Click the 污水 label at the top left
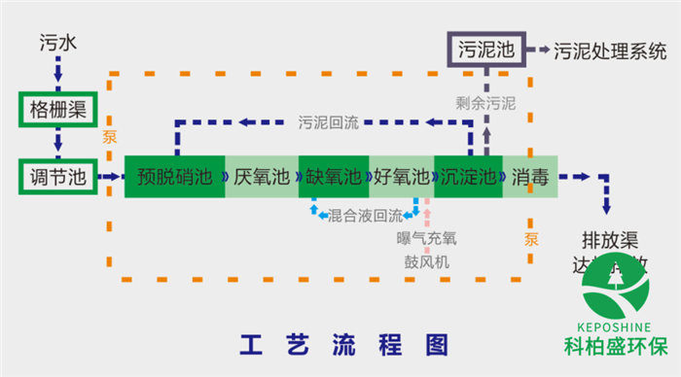point(57,44)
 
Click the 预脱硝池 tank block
point(174,177)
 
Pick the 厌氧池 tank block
point(261,177)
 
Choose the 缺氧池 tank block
point(334,177)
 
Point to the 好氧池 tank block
point(401,177)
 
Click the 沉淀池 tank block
point(467,177)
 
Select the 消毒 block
point(529,177)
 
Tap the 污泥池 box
point(485,50)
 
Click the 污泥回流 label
point(328,122)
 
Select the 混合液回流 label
point(366,215)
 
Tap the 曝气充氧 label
point(426,237)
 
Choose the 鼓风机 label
point(426,261)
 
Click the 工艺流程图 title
point(344,344)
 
